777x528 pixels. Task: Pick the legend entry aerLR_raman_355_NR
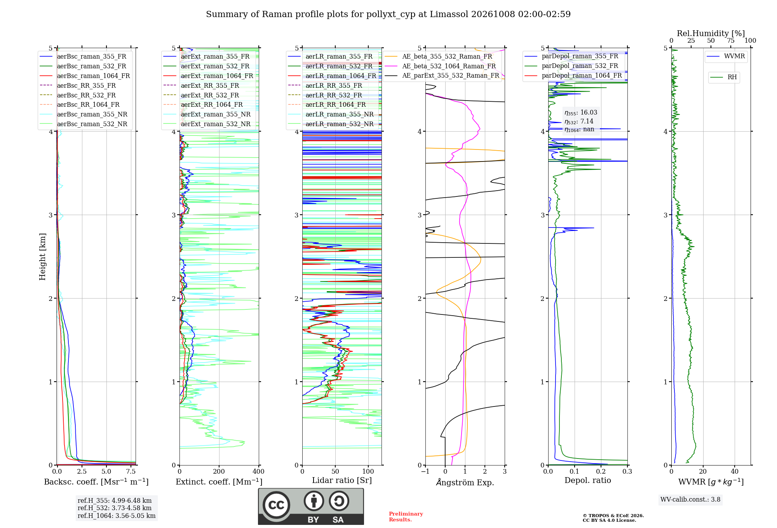coord(331,114)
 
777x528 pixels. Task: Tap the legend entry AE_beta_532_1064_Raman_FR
coord(440,66)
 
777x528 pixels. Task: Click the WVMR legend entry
coord(726,56)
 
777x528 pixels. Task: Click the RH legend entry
coord(723,77)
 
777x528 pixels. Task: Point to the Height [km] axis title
coord(42,257)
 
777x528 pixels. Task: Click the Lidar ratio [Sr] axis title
coord(342,480)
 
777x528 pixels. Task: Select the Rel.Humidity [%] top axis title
coord(711,33)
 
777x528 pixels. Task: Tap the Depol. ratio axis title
coord(588,480)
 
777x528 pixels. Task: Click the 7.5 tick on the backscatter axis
coord(131,472)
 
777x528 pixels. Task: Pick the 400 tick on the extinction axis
coord(258,472)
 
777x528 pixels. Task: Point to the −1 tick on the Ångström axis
coord(425,472)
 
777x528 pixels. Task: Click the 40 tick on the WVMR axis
coord(735,472)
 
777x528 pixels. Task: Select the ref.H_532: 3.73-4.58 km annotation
coord(115,508)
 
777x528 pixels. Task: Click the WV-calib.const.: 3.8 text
coord(690,500)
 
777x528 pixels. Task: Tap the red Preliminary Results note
coord(406,517)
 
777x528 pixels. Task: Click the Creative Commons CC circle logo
coord(276,505)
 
